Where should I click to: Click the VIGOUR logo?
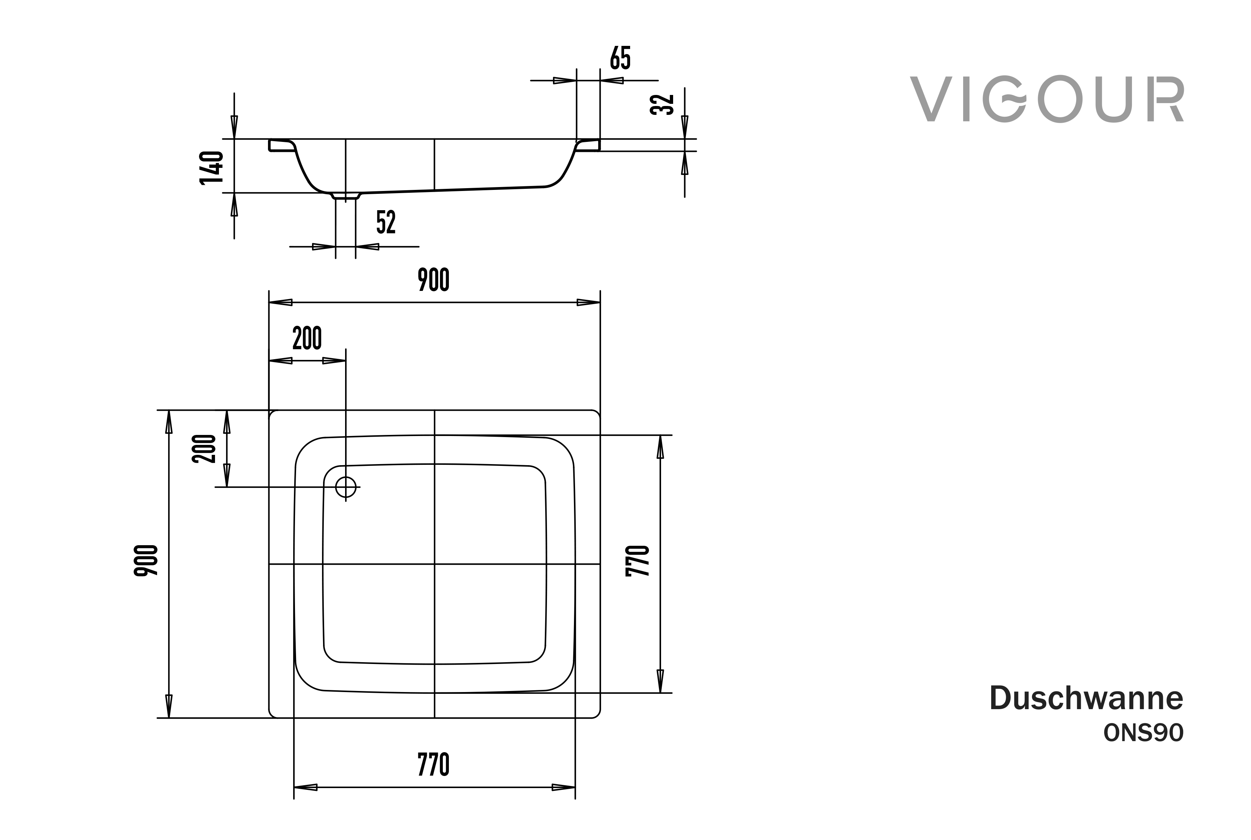tap(1047, 100)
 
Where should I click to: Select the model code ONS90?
tap(1143, 733)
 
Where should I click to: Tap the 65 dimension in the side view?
tap(621, 58)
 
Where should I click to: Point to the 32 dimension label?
tap(662, 105)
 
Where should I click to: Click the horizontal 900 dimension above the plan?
tap(434, 280)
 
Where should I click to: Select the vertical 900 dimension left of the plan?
tap(146, 561)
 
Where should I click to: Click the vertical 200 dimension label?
tap(204, 449)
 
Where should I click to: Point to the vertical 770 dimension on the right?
tap(638, 561)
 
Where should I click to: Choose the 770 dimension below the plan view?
tap(434, 765)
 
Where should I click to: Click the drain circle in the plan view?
tap(346, 487)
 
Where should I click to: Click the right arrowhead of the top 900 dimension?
tap(588, 303)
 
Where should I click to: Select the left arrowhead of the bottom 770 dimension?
tap(306, 787)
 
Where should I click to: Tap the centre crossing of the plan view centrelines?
tap(434, 564)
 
